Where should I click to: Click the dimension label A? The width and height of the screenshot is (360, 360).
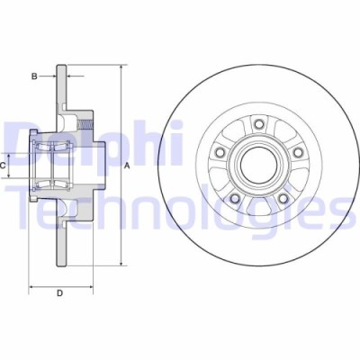pyautogui.click(x=127, y=166)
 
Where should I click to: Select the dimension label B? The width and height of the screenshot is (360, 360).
pyautogui.click(x=34, y=77)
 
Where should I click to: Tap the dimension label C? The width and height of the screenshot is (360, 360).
pyautogui.click(x=4, y=166)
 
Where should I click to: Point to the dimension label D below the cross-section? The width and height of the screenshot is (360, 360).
pyautogui.click(x=60, y=293)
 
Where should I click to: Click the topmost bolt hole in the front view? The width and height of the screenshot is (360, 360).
pyautogui.click(x=259, y=124)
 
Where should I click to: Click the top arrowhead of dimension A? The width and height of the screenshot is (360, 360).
pyautogui.click(x=120, y=68)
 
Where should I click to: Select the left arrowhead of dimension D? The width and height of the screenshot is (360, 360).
pyautogui.click(x=32, y=287)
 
